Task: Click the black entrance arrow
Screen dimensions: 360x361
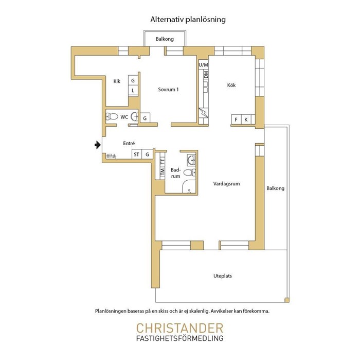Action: click(x=98, y=145)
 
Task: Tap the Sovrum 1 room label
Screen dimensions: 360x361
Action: click(x=168, y=90)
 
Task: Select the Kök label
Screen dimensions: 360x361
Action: click(x=231, y=85)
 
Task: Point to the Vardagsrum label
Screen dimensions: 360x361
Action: click(x=226, y=184)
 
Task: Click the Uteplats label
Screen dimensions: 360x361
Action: click(x=223, y=276)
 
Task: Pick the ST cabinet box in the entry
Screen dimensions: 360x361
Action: click(x=137, y=154)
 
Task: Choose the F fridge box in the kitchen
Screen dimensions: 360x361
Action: click(x=236, y=119)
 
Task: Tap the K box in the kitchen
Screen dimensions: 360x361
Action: click(x=246, y=119)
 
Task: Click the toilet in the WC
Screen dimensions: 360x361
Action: click(x=112, y=116)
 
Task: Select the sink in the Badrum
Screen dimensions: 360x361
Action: click(x=191, y=160)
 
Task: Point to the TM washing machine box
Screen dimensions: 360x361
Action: click(x=163, y=171)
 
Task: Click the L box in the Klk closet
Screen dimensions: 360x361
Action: click(x=133, y=91)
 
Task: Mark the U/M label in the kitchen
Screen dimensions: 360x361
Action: click(x=203, y=65)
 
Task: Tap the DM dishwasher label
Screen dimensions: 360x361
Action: click(x=206, y=74)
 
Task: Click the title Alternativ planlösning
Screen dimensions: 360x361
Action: click(x=188, y=20)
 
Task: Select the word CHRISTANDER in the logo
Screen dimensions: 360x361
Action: click(x=180, y=328)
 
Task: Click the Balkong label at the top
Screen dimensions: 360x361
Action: click(x=165, y=39)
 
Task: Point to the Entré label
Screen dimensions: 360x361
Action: click(x=129, y=143)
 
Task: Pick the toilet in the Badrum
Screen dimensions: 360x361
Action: click(x=190, y=172)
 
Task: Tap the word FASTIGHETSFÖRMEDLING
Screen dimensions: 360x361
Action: click(x=180, y=338)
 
